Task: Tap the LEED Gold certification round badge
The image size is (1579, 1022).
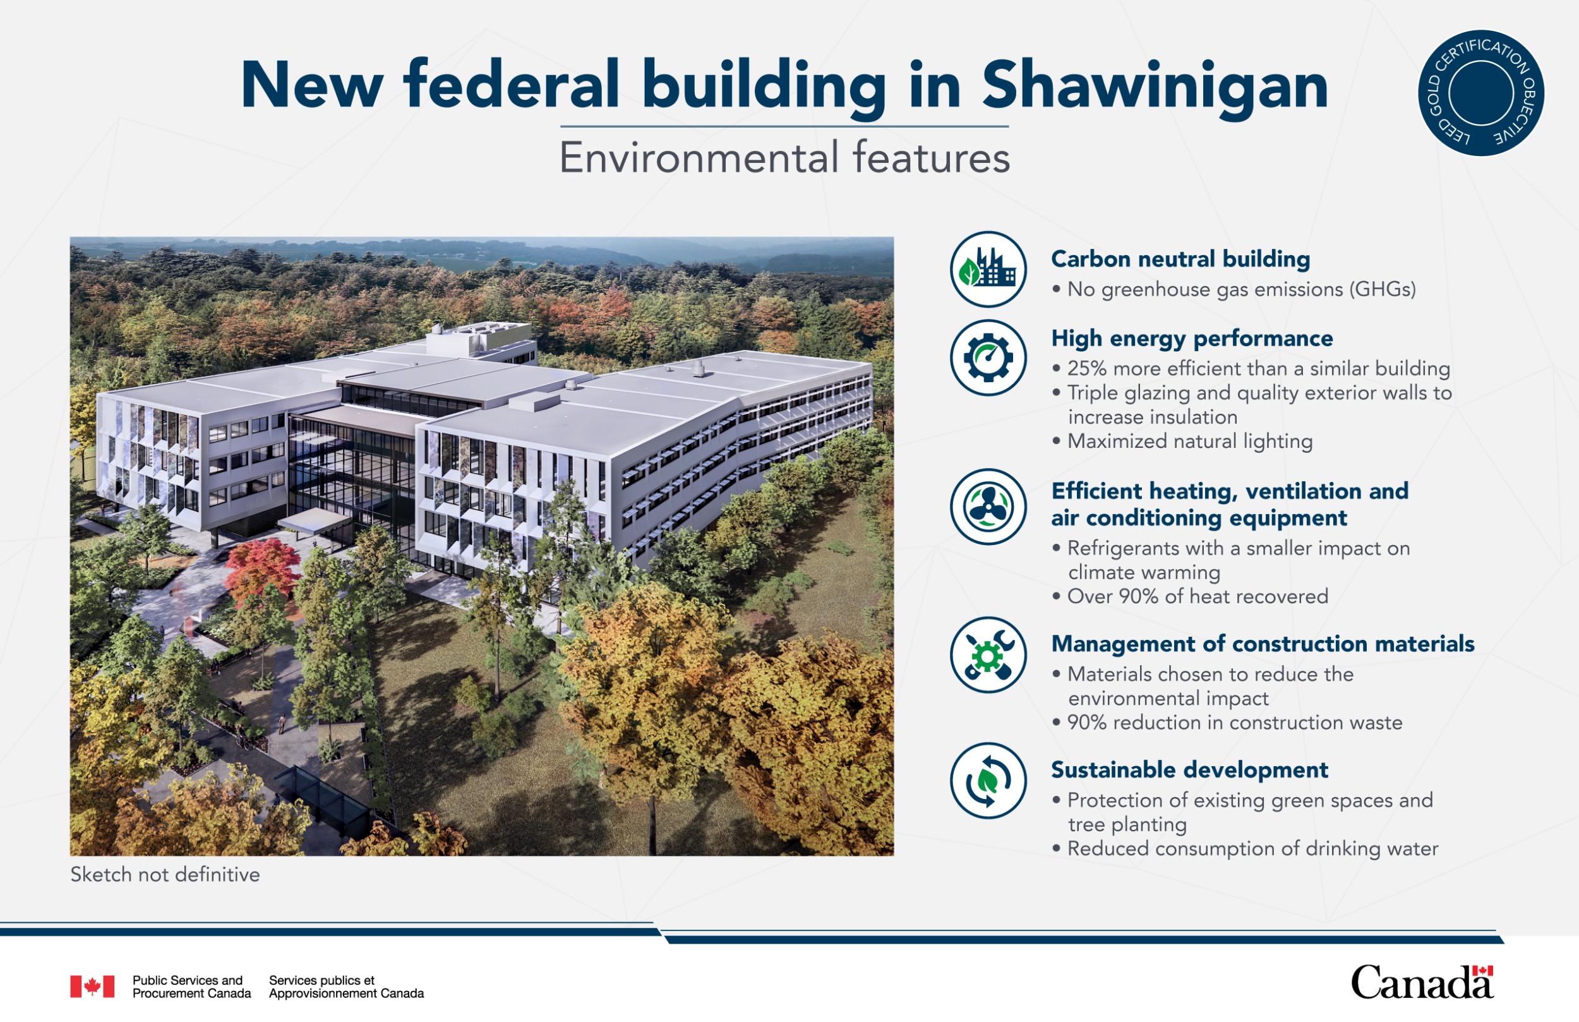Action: click(1481, 93)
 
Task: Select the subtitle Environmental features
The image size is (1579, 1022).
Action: click(784, 157)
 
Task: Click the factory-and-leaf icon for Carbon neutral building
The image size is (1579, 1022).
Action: click(988, 270)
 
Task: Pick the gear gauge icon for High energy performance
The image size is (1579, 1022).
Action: click(988, 358)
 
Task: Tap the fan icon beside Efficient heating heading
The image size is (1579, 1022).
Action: click(988, 507)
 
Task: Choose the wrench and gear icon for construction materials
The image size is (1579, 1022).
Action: click(988, 656)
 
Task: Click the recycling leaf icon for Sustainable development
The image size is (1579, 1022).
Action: click(988, 781)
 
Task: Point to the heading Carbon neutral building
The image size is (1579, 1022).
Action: click(1180, 259)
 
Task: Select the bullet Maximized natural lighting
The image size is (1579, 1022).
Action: click(1182, 442)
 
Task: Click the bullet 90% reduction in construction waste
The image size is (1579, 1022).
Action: click(1227, 722)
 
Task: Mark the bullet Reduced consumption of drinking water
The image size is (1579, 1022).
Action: click(1246, 849)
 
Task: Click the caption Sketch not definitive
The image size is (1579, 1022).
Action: click(165, 875)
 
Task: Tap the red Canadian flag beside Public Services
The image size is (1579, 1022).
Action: click(92, 987)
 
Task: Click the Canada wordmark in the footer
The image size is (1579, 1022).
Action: click(1422, 982)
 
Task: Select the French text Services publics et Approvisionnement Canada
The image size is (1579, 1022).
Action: click(346, 987)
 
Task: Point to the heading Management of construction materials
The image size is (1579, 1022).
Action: click(1263, 644)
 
